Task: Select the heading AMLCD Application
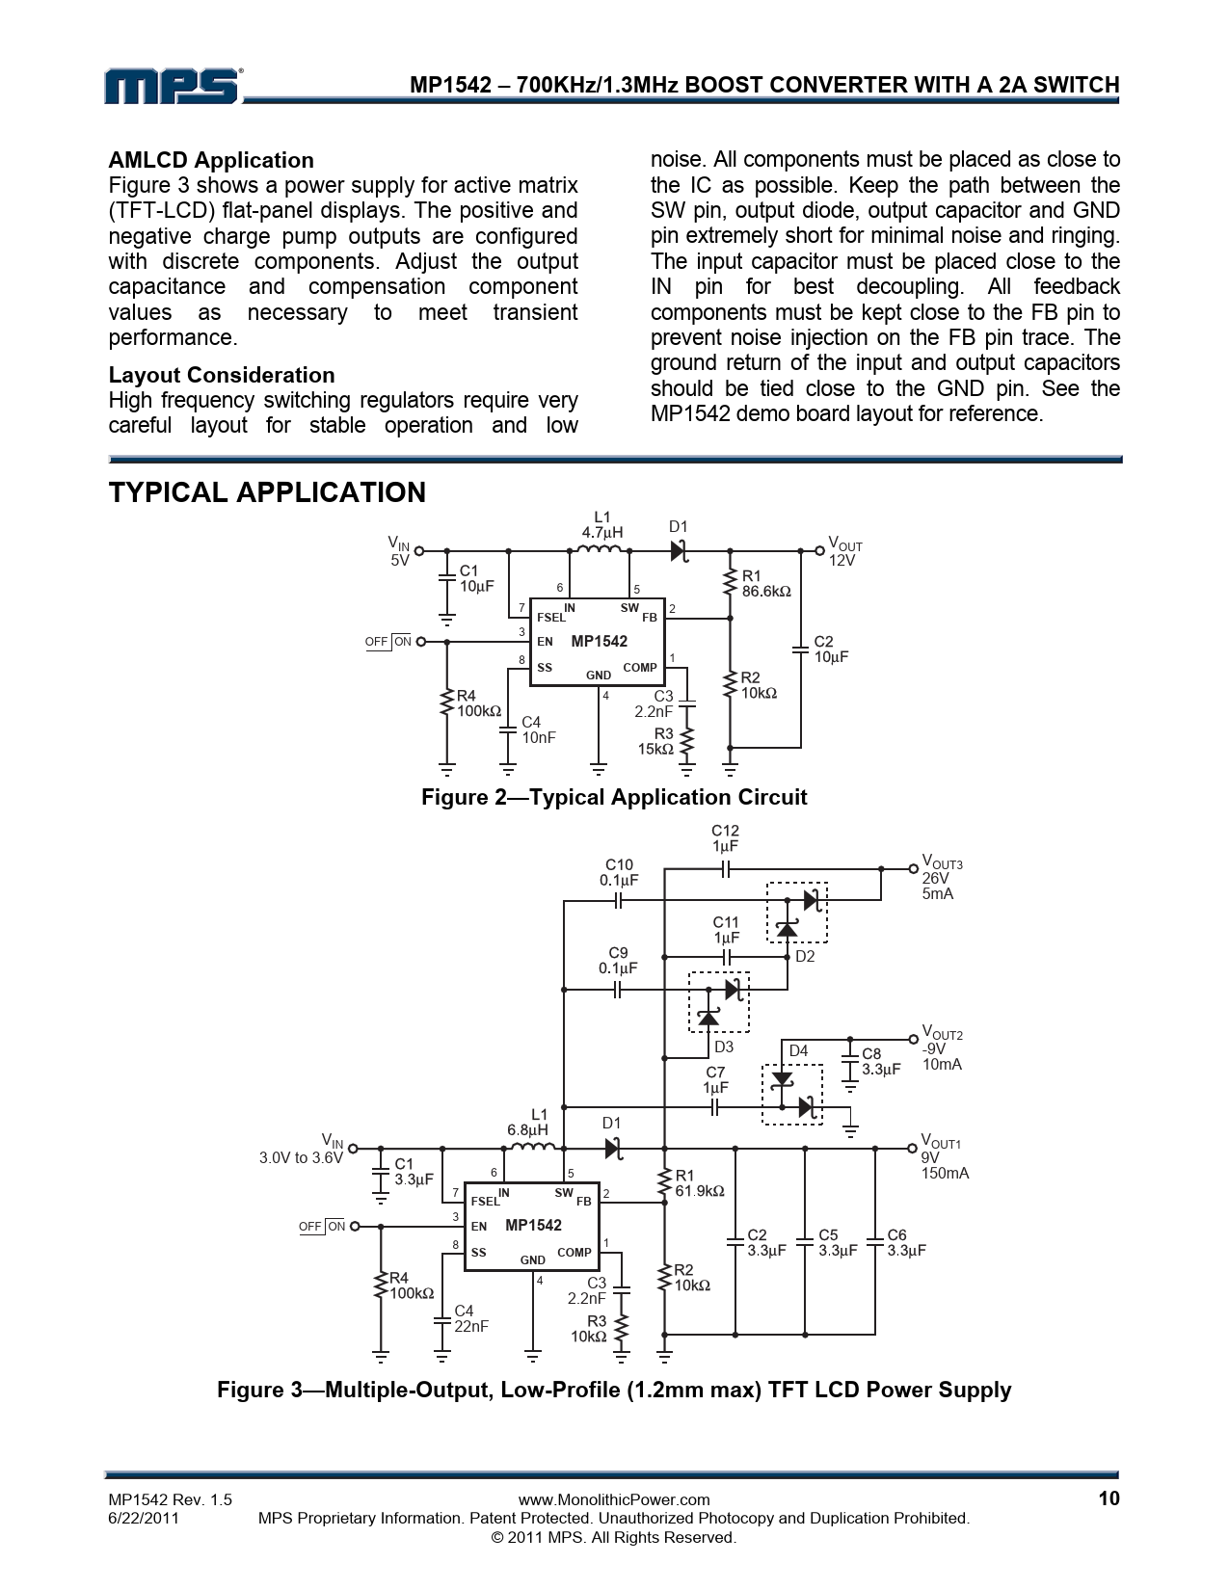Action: pyautogui.click(x=211, y=160)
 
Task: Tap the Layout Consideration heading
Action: pyautogui.click(x=222, y=375)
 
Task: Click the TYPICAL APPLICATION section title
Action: pyautogui.click(x=267, y=492)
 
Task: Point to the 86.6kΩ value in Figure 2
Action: pyautogui.click(x=766, y=592)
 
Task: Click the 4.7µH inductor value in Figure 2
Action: pyautogui.click(x=601, y=532)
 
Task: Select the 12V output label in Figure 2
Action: pyautogui.click(x=842, y=561)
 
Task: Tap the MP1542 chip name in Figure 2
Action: pyautogui.click(x=599, y=642)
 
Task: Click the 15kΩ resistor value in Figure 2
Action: pyautogui.click(x=655, y=749)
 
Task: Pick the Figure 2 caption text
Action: pyautogui.click(x=614, y=797)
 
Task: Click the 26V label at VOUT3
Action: pyautogui.click(x=935, y=879)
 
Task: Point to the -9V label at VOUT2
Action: pyautogui.click(x=934, y=1049)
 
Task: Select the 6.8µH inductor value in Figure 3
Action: pyautogui.click(x=527, y=1129)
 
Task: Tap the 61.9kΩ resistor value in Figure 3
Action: pyautogui.click(x=700, y=1191)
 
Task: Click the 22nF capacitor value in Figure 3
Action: pyautogui.click(x=471, y=1326)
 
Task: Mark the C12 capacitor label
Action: pyautogui.click(x=725, y=831)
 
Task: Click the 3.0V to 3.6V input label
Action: pyautogui.click(x=301, y=1158)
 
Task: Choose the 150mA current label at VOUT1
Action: pyautogui.click(x=945, y=1174)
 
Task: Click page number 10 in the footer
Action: pyautogui.click(x=1108, y=1498)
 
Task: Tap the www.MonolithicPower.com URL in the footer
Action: pyautogui.click(x=614, y=1499)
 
